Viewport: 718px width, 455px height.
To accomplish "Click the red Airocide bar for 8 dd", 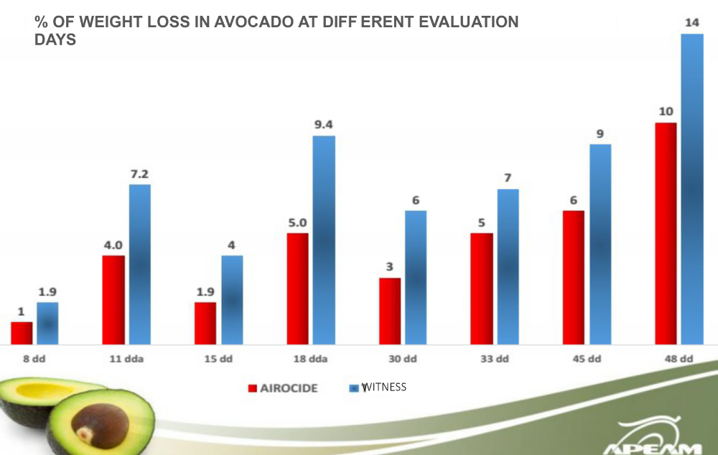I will coord(22,333).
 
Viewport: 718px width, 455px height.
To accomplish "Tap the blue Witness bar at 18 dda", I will coord(324,240).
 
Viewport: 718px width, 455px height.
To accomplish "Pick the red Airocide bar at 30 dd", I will coord(390,311).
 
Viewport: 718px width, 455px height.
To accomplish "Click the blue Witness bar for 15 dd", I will coord(232,299).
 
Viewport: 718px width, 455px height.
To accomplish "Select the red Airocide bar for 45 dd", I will coord(574,277).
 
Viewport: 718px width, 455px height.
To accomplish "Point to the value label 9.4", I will coord(324,123).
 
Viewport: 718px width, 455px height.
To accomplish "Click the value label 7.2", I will coord(139,173).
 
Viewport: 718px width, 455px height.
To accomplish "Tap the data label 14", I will coord(692,22).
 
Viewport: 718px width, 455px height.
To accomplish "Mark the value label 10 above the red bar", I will coord(666,111).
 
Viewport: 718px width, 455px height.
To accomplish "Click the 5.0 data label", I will coord(297,222).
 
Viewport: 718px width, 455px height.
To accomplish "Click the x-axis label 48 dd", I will coord(677,359).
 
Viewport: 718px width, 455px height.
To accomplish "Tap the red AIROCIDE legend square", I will coord(252,388).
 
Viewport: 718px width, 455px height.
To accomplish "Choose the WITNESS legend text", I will coord(384,387).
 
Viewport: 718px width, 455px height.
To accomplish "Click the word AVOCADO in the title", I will coord(235,22).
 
